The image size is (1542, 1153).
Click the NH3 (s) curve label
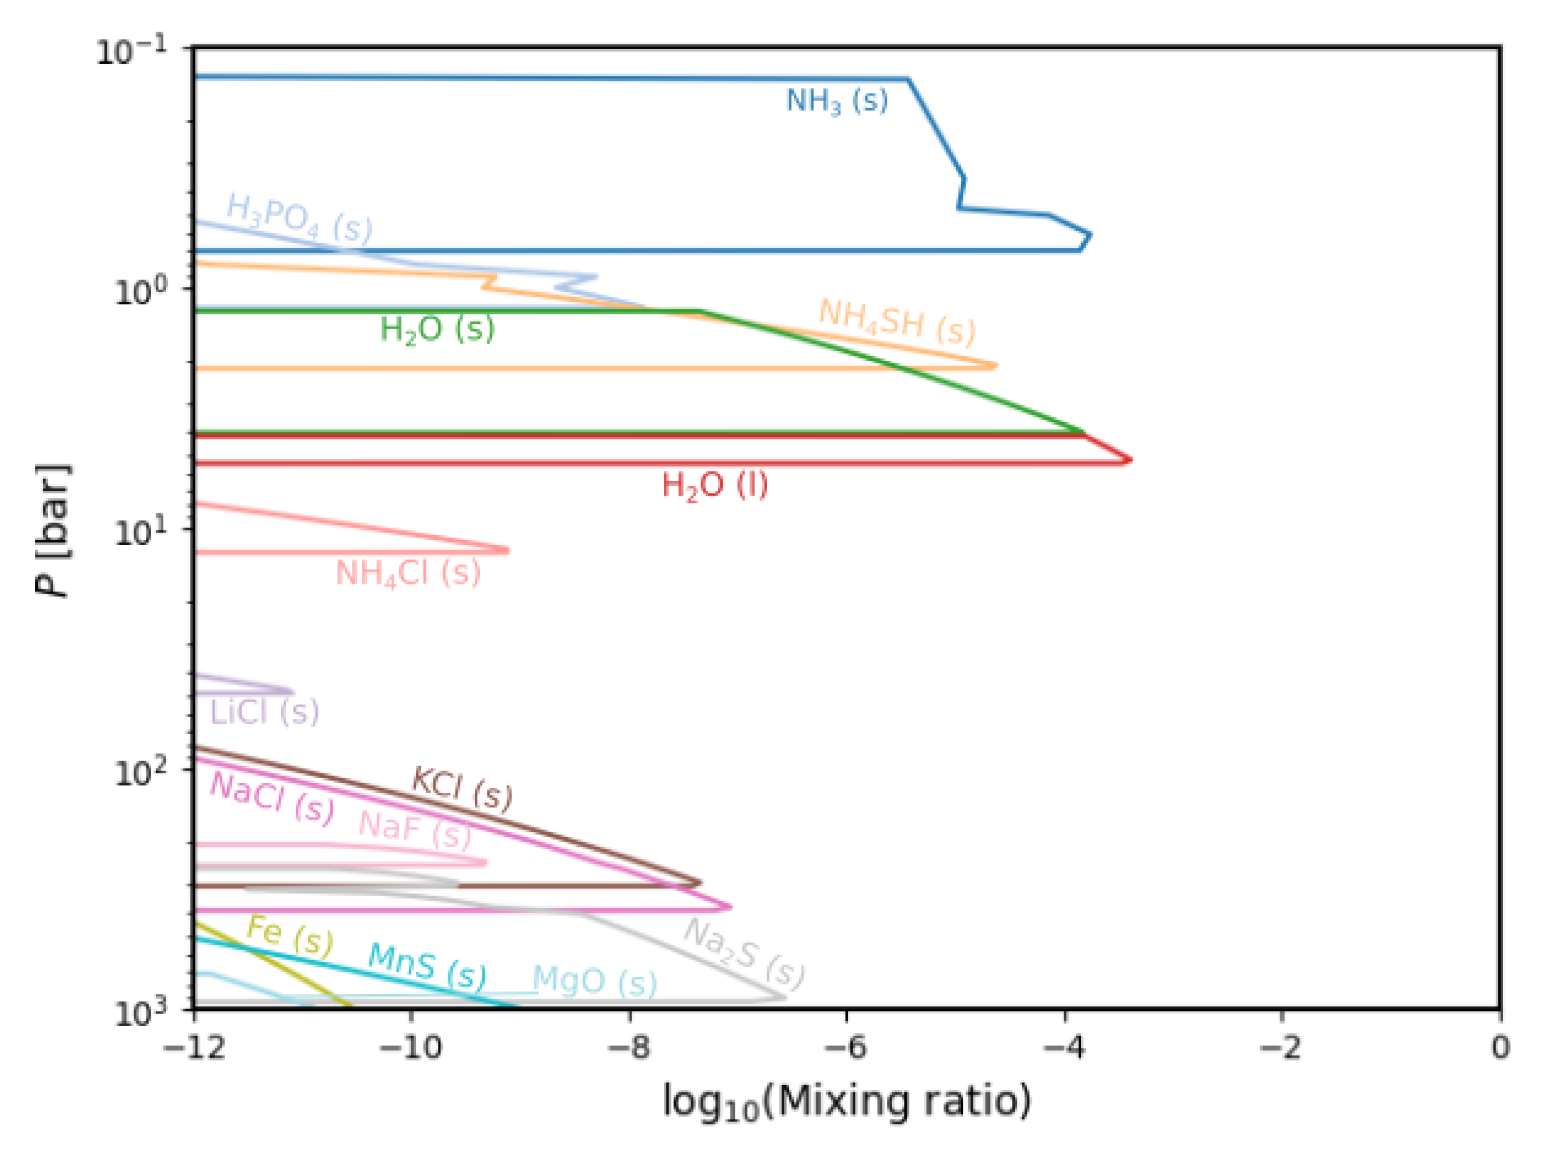tap(836, 101)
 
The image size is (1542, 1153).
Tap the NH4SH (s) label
tap(896, 322)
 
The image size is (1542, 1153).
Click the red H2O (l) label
tap(715, 485)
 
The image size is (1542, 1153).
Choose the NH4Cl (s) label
tap(408, 573)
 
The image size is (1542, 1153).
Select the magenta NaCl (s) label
tap(272, 798)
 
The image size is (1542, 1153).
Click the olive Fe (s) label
tap(290, 936)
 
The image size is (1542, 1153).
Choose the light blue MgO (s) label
tap(595, 982)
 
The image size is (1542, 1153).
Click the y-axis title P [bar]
tap(53, 530)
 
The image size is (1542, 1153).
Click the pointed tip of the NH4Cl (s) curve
tap(508, 551)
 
